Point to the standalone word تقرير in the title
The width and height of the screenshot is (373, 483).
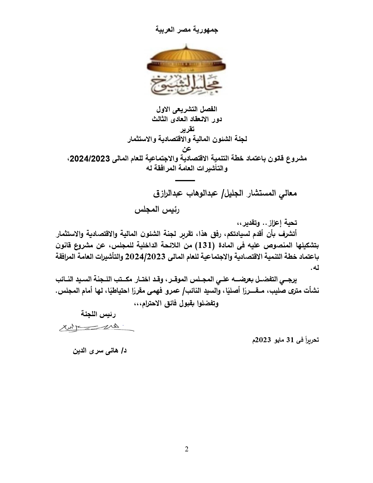tap(186, 129)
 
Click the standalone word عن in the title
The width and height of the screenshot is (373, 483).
tap(186, 149)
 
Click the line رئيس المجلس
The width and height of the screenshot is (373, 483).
tap(157, 210)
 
